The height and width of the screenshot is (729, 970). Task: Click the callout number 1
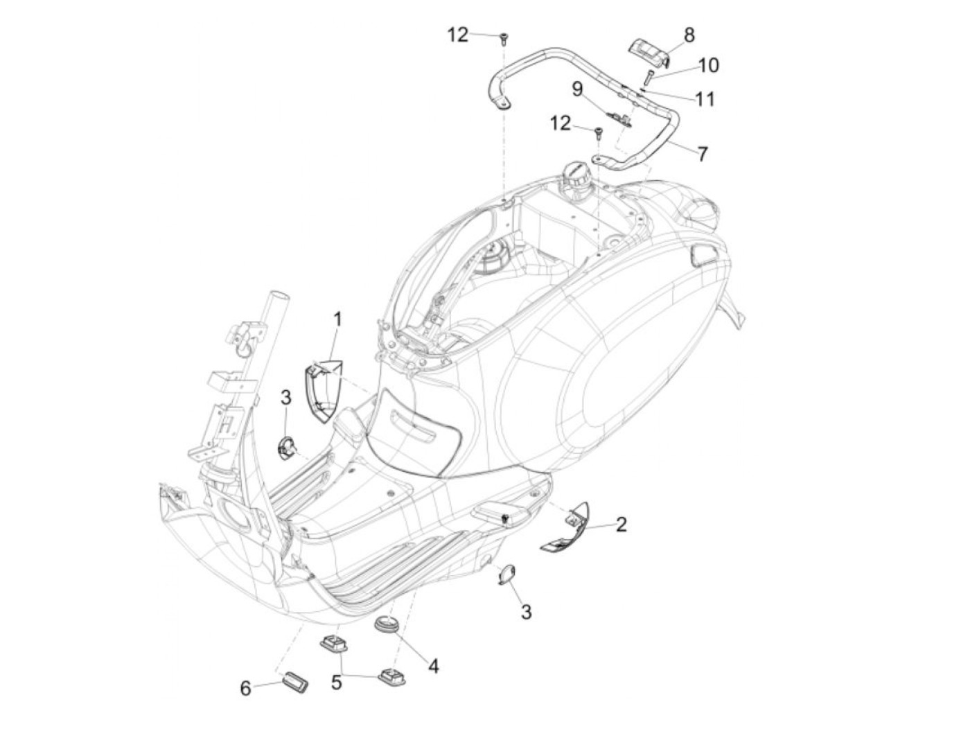coord(337,320)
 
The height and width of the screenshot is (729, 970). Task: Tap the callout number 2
coord(621,525)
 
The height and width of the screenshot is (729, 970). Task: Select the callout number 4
coord(433,666)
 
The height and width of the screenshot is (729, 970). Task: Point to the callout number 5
coord(336,683)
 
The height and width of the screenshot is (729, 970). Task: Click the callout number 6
coord(245,688)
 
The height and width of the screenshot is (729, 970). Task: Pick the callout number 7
coord(703,153)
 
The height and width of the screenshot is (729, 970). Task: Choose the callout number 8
coord(689,35)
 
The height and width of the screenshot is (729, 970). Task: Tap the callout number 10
coord(708,65)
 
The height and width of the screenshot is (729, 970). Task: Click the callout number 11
coord(705,99)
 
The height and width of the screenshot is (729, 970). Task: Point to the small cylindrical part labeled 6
coord(294,678)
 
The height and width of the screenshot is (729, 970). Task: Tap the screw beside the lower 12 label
coord(596,131)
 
